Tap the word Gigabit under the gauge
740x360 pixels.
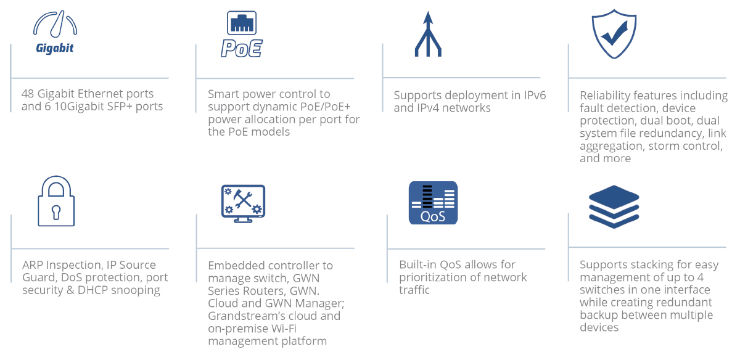point(54,48)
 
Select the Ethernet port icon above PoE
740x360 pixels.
point(242,23)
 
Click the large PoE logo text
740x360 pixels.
point(242,48)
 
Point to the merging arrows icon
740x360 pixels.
point(428,34)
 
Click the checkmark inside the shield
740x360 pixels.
point(614,33)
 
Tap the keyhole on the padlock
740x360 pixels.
point(56,212)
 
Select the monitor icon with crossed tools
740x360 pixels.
point(243,203)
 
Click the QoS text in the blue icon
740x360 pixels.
point(433,216)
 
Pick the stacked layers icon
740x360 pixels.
point(614,207)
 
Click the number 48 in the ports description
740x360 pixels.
point(28,94)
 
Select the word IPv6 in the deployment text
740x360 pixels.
point(535,95)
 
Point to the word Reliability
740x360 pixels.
point(602,96)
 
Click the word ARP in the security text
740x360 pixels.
point(32,265)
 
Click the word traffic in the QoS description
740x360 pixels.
point(414,290)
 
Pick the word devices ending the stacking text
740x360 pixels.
point(599,327)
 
